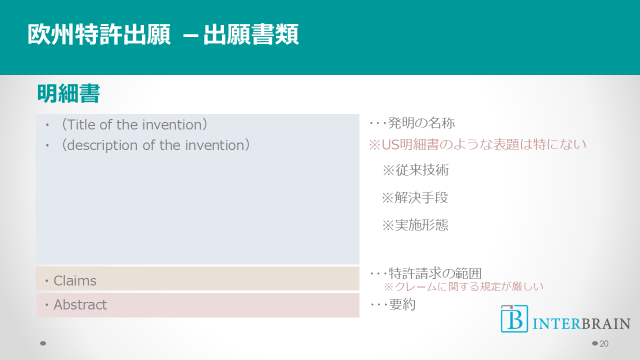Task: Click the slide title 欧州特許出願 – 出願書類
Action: (163, 34)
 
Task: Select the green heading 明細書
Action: (68, 93)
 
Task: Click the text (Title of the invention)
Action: (134, 124)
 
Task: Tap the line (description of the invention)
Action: (155, 145)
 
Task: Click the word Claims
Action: (75, 280)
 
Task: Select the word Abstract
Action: (80, 304)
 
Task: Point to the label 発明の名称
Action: (421, 123)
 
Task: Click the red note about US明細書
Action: (477, 144)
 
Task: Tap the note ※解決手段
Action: (415, 197)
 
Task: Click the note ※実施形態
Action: (415, 225)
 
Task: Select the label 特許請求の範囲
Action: (435, 273)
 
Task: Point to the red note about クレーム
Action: (463, 286)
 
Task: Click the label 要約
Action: (402, 304)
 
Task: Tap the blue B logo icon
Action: (514, 318)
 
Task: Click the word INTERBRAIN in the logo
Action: (581, 323)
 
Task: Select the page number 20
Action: (604, 343)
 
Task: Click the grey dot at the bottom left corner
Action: (43, 343)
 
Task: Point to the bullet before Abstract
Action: (47, 305)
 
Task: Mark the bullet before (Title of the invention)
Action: (47, 125)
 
